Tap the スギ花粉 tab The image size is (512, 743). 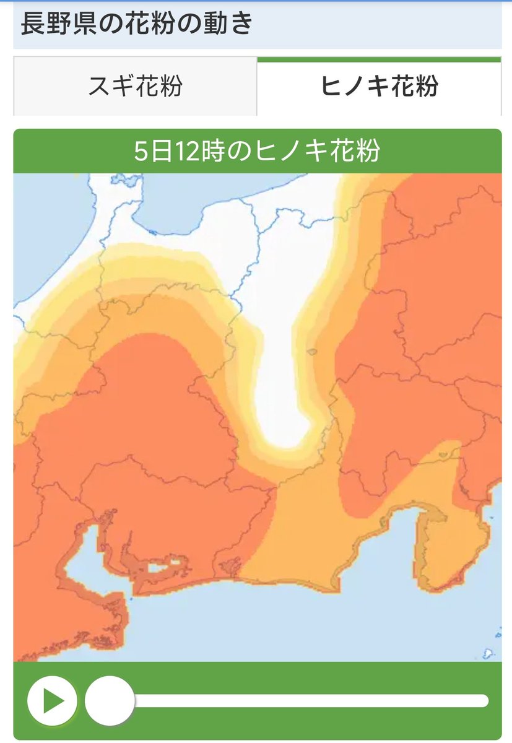click(x=135, y=86)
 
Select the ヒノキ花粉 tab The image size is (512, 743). click(x=379, y=86)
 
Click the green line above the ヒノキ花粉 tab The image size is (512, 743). click(x=379, y=59)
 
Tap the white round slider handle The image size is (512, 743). click(x=110, y=701)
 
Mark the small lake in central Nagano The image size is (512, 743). click(x=311, y=352)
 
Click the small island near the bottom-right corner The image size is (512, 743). click(x=488, y=653)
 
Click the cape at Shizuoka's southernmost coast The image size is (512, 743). click(x=340, y=585)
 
